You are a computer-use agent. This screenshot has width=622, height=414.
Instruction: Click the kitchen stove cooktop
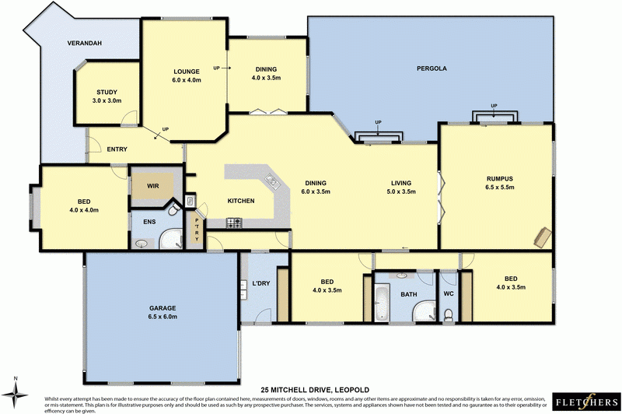(235, 223)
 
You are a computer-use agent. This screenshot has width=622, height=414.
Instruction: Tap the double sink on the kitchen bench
(272, 183)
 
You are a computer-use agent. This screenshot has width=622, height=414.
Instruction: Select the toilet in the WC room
(449, 314)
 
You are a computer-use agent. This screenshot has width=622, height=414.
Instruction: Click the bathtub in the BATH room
(382, 303)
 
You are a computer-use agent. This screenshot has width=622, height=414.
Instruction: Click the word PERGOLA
(432, 68)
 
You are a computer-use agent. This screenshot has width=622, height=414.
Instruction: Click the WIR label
(152, 187)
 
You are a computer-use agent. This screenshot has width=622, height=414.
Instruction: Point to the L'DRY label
(260, 283)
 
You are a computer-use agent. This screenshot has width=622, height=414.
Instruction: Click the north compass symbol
(16, 387)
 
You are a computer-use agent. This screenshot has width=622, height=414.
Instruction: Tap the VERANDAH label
(86, 43)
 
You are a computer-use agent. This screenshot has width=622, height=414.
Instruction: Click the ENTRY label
(117, 149)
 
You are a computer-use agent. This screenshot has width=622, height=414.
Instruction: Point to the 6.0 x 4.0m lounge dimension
(187, 80)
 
